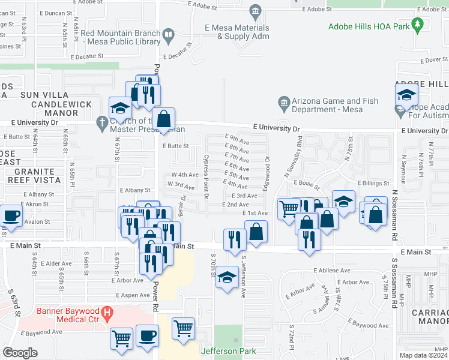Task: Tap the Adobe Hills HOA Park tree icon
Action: point(418,25)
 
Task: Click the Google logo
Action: point(20,353)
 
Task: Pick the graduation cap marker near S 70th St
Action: point(227,277)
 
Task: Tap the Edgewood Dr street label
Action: point(266,174)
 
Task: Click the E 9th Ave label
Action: point(237,139)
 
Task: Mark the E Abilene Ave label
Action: point(331,271)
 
